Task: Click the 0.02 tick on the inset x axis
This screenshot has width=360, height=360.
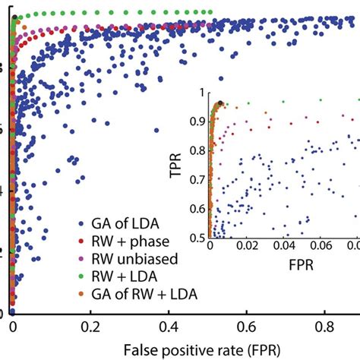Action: [x=245, y=247]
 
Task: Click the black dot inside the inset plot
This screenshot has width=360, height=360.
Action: [x=220, y=103]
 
